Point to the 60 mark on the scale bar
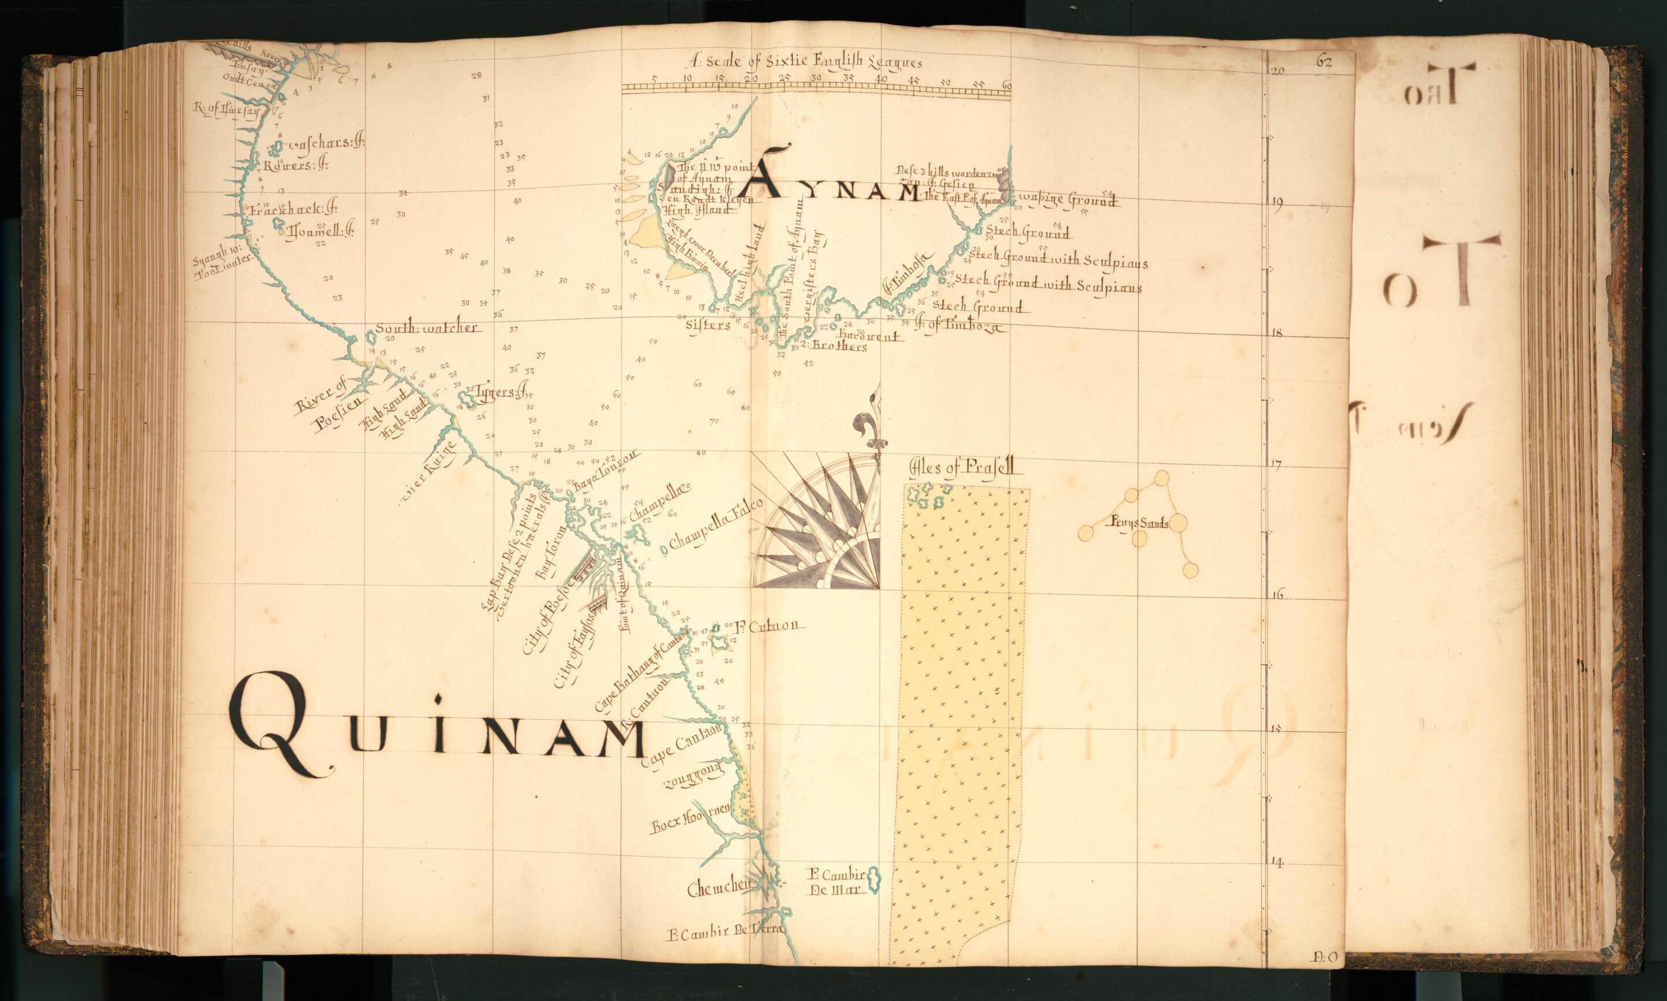tap(1007, 85)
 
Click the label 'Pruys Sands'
tap(1139, 522)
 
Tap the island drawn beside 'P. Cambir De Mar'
tap(873, 880)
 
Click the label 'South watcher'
tap(427, 329)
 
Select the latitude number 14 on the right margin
tap(1276, 861)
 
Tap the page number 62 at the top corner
tap(1324, 62)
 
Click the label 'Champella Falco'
tap(716, 523)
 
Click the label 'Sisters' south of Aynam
tap(707, 325)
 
